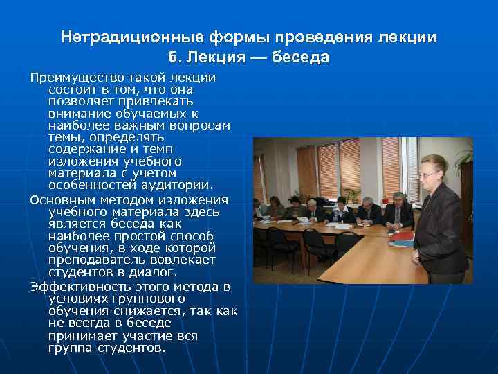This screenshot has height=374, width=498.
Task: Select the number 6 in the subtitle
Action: [x=172, y=57]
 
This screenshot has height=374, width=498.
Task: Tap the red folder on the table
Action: [x=401, y=238]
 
